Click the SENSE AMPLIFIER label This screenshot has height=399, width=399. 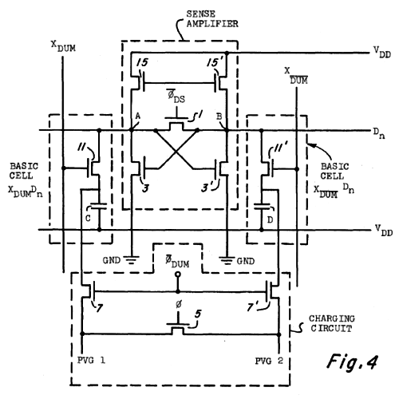[x=212, y=19]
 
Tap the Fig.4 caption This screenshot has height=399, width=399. [x=352, y=361]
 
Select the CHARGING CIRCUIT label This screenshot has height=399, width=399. [x=332, y=323]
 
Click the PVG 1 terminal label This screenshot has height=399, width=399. [x=91, y=361]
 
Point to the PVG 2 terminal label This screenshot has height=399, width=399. [x=269, y=361]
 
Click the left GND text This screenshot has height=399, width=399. [x=112, y=260]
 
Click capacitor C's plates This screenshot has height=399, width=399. [x=99, y=206]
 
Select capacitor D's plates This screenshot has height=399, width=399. [x=262, y=206]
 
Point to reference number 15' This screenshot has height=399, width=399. [x=215, y=63]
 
